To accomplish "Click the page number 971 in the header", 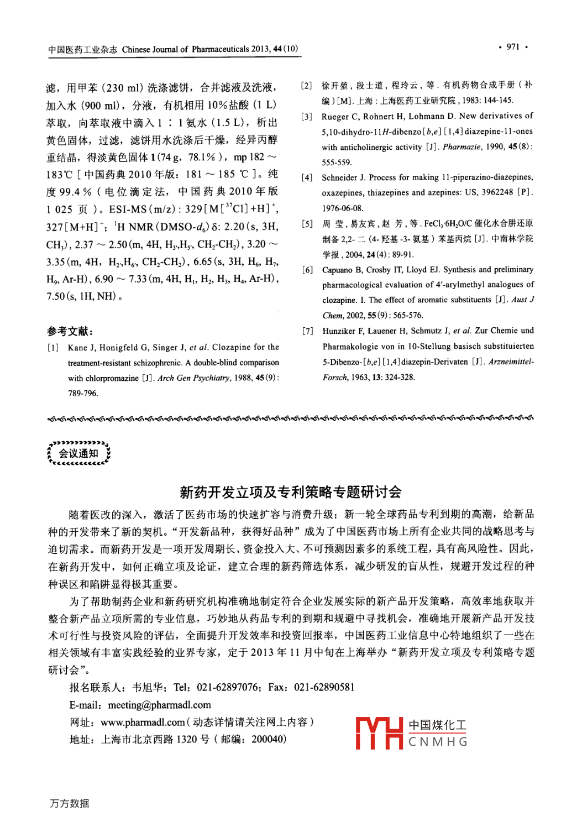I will (513, 47).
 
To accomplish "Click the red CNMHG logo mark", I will (379, 733).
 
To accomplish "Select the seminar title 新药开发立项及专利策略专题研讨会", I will (290, 491).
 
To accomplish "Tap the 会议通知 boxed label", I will (78, 453).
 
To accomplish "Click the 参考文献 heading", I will (70, 331).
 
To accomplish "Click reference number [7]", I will (307, 331).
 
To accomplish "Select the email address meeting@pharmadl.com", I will (159, 705).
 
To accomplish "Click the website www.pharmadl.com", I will (143, 722).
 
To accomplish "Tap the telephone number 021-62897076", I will (227, 687).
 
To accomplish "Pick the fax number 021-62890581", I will (324, 687).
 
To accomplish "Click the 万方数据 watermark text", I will (70, 803).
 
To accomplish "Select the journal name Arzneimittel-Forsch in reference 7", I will (511, 362).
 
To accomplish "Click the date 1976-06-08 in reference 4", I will (343, 208).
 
